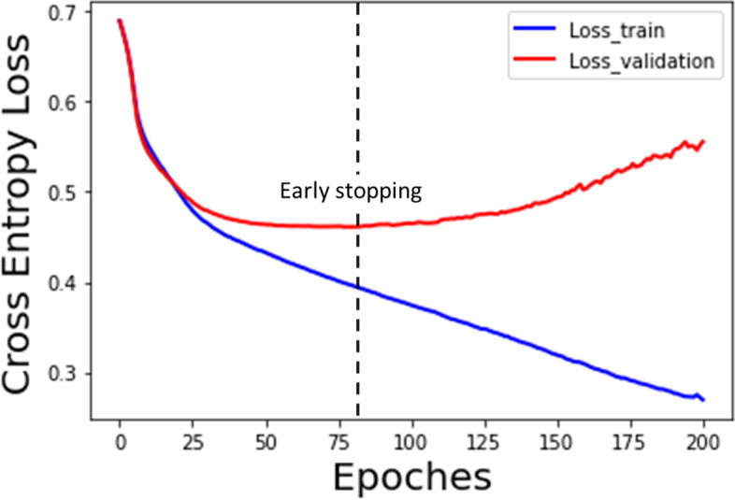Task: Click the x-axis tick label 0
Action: click(x=120, y=439)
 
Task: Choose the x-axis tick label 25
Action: click(x=193, y=439)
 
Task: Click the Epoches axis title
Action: click(x=412, y=478)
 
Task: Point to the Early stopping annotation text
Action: click(x=352, y=193)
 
